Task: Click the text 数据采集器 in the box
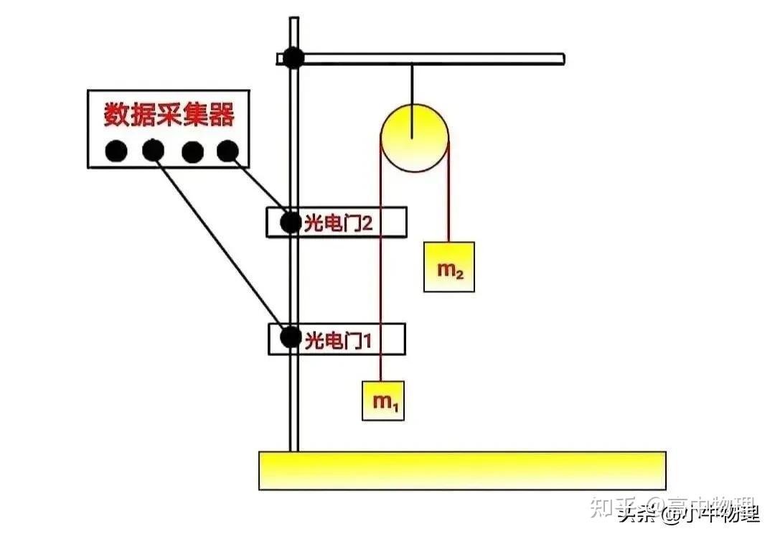pos(169,115)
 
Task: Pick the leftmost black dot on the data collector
pos(116,151)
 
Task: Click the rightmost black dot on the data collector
pos(227,151)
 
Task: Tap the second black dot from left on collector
pos(152,151)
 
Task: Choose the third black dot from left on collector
pos(191,151)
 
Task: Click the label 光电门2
pos(339,223)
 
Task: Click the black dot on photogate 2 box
pos(290,222)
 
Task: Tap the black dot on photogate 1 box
pos(290,337)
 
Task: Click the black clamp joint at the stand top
pos(293,58)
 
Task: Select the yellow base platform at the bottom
pos(461,470)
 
